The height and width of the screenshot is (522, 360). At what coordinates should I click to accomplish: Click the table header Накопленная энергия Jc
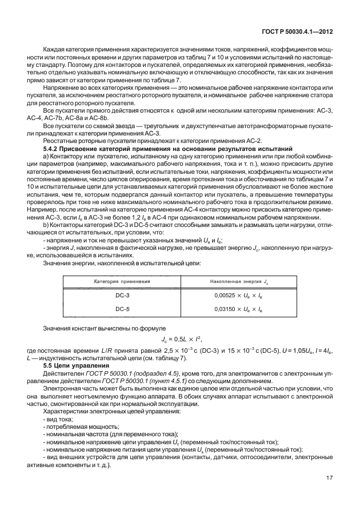point(237,282)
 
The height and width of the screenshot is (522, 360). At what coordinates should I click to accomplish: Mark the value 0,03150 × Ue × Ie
point(237,309)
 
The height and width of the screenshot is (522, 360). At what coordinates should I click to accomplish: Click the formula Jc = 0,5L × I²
point(180,340)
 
